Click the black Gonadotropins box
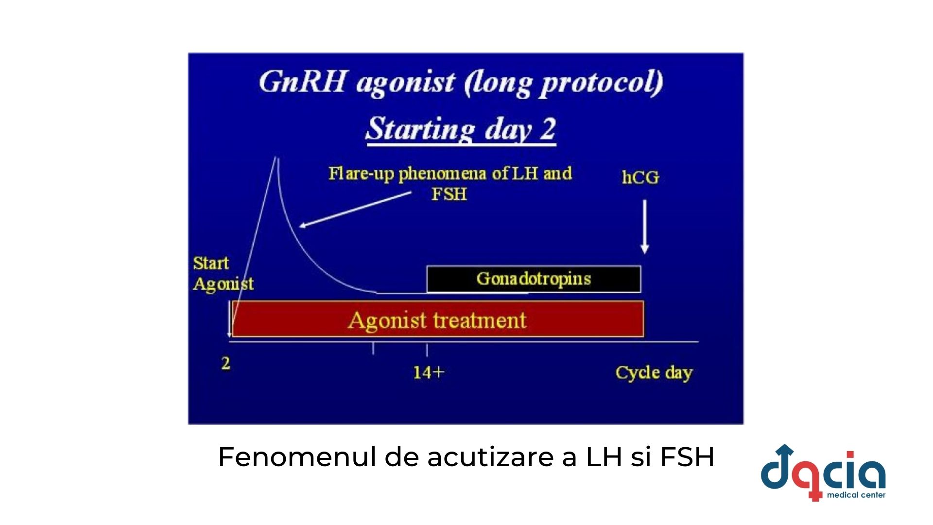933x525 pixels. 534,279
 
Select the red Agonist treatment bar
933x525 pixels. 438,319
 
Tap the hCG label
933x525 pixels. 640,177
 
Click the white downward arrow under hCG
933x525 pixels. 645,227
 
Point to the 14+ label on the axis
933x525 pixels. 429,372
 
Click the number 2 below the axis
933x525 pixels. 225,363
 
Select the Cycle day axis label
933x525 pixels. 654,373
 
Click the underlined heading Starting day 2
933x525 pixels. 461,129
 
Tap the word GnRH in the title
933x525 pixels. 302,82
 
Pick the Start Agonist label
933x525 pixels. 223,274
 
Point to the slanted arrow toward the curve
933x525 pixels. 355,210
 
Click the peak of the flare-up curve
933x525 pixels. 276,157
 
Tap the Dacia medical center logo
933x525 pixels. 823,473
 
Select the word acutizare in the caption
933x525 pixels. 490,457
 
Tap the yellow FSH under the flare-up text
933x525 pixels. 449,194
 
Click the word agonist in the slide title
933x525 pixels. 405,84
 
